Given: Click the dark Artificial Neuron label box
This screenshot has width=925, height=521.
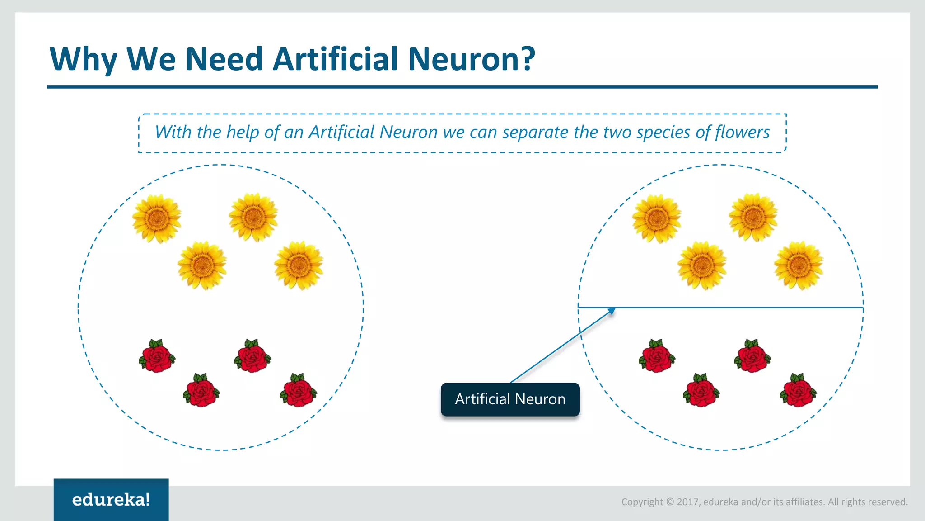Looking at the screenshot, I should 510,399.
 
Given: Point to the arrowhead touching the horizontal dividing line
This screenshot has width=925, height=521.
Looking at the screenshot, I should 612,310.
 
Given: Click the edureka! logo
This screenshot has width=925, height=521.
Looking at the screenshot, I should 111,500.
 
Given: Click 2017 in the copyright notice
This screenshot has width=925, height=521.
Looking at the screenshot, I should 688,502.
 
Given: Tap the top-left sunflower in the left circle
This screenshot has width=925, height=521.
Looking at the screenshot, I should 157,219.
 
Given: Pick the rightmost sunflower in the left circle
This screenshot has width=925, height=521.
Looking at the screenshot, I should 299,265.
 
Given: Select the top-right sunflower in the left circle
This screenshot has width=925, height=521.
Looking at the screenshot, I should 253,218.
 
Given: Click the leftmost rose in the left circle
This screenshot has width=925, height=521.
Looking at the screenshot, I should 157,356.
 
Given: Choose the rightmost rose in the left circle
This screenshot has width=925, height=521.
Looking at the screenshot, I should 298,391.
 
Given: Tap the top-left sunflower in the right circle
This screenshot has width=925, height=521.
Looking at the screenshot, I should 656,219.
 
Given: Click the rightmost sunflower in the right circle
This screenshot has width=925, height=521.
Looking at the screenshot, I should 799,265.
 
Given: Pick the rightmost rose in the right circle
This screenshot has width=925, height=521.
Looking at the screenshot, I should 798,391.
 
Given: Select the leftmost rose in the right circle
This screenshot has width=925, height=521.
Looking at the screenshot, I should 657,356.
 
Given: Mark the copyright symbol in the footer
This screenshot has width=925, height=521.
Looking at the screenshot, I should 670,502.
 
